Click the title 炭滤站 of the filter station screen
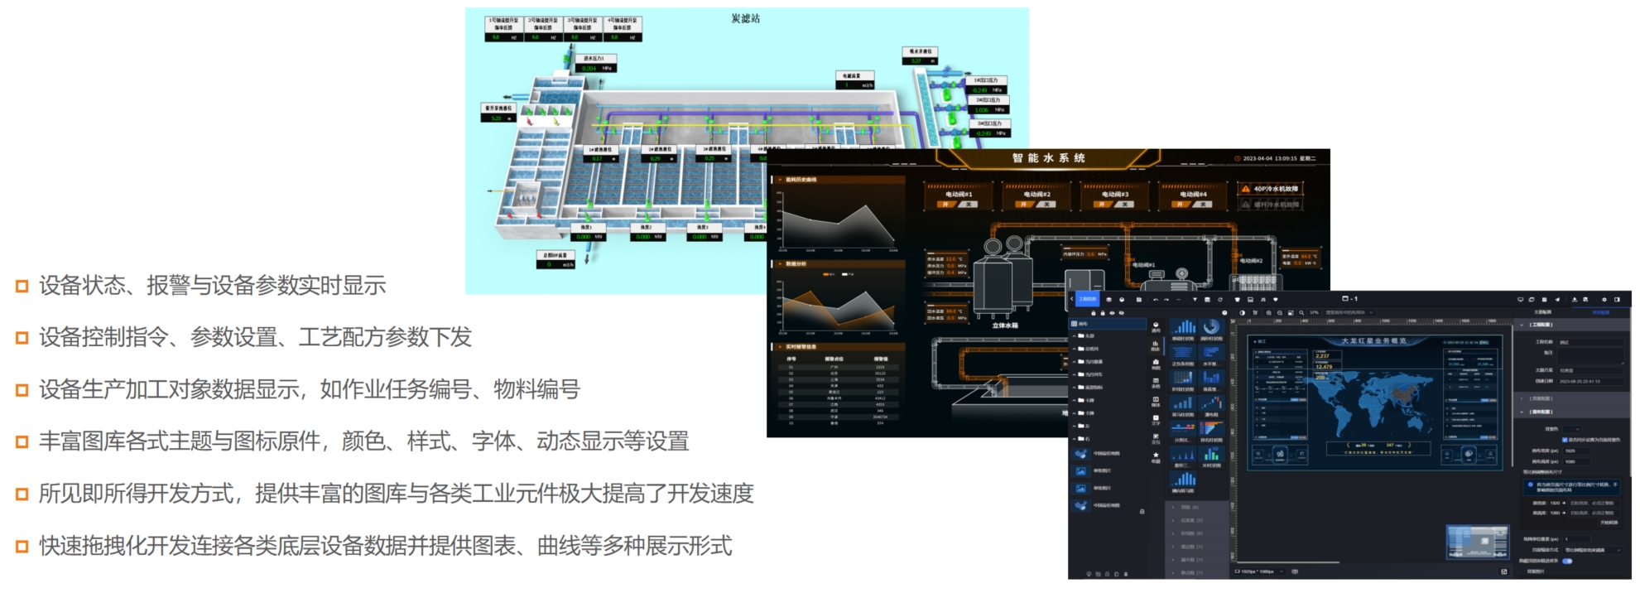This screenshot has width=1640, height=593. pos(745,18)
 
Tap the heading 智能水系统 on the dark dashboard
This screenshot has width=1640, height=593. pos(1048,158)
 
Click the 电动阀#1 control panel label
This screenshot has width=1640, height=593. pos(959,195)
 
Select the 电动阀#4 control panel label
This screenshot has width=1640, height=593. pos(1193,195)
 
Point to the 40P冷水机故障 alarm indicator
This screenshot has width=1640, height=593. pos(1270,189)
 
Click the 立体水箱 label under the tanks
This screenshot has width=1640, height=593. pos(1005,325)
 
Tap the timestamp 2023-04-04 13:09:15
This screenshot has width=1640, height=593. pos(1274,158)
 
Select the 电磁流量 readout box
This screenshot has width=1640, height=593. pos(855,80)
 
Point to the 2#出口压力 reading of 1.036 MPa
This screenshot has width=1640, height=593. pos(988,105)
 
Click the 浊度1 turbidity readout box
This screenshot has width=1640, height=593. pos(586,232)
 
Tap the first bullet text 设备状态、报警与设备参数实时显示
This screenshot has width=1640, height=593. pos(212,286)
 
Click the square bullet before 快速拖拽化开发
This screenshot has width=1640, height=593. pos(22,547)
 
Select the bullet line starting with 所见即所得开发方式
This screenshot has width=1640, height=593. pos(396,494)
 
